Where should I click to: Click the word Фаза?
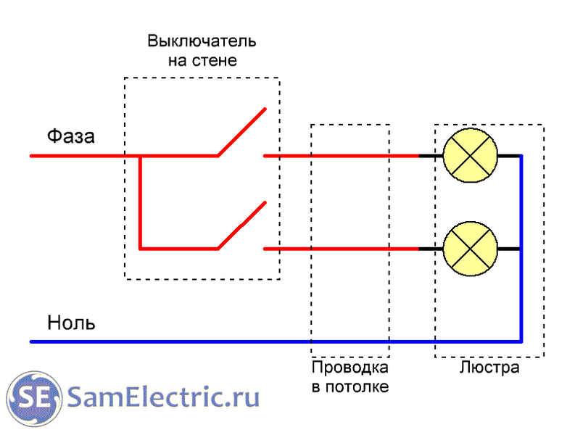[x=71, y=136]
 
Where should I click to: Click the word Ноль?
[x=71, y=322]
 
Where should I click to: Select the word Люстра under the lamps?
[x=489, y=368]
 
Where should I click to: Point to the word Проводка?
[x=350, y=368]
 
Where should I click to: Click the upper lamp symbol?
[x=470, y=156]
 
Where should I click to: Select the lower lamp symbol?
[x=470, y=249]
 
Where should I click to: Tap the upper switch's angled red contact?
[x=241, y=132]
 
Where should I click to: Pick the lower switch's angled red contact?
[x=241, y=225]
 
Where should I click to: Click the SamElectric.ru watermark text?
[x=163, y=397]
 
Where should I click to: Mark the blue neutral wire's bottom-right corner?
[x=521, y=341]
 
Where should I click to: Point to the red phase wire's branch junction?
[x=140, y=156]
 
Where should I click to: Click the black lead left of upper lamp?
[x=430, y=156]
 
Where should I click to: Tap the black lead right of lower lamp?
[x=510, y=249]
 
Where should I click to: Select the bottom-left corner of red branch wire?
[x=140, y=249]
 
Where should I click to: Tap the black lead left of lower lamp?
[x=430, y=249]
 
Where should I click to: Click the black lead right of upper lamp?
[x=510, y=156]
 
